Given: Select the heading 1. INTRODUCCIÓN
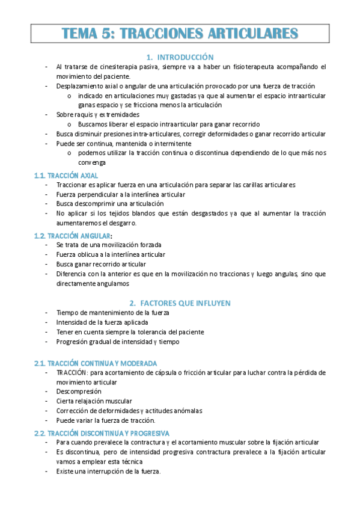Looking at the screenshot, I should pos(180,57).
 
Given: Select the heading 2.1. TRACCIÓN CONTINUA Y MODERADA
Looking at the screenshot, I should pos(96,363).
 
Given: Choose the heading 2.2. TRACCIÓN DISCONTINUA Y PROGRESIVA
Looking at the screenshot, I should pos(102,433).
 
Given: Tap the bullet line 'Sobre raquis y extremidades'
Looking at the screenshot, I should pos(98,114).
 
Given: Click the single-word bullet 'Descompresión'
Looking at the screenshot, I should pos(79,392).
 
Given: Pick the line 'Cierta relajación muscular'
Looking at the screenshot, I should pos(94,401).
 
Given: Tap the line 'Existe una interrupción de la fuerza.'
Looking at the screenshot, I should pos(109,472).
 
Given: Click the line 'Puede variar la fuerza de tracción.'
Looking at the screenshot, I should pos(106,420).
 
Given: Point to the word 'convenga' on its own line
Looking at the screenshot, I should pos(91,162).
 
